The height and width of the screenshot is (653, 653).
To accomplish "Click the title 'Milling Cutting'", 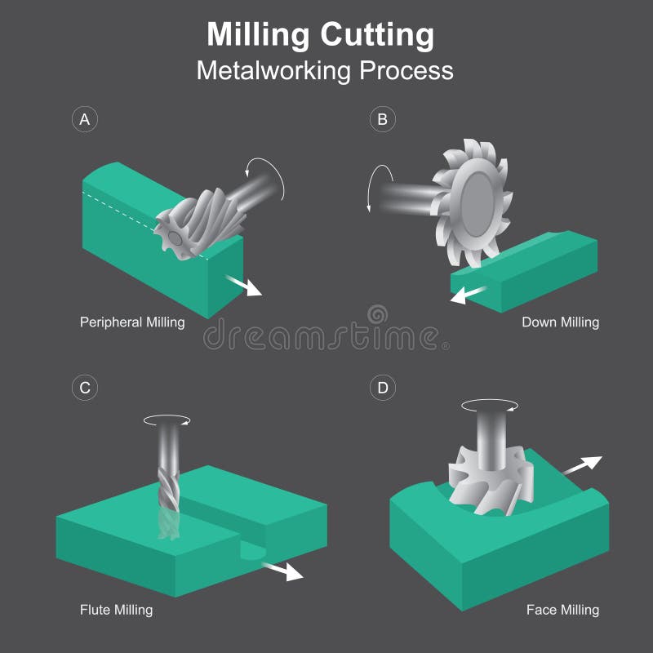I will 320,35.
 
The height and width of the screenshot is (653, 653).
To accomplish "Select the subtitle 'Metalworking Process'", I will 325,70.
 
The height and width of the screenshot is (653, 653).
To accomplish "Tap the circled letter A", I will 84,119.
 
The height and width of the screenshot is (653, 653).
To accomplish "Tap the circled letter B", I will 381,119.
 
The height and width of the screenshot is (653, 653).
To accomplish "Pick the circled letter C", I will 84,388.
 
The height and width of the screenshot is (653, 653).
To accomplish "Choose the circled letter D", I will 381,388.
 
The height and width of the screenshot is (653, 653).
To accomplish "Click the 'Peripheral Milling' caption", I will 132,322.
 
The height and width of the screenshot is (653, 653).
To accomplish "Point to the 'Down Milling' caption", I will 560,322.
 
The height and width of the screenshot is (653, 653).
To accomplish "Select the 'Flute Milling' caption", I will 116,609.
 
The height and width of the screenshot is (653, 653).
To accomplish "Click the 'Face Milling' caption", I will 562,609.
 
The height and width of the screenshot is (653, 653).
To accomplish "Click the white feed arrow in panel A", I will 245,285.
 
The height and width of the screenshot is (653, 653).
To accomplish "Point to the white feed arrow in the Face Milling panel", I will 581,465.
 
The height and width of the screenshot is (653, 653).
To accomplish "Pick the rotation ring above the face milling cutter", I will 489,405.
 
